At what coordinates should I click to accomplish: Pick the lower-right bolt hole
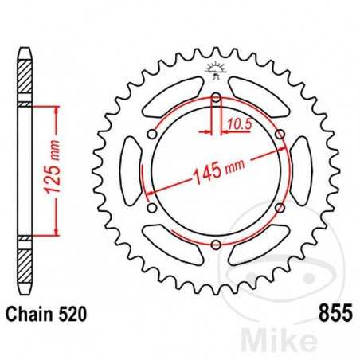(x=279, y=208)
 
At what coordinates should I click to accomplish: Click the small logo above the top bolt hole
(x=215, y=71)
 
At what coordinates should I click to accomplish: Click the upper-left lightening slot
(x=170, y=95)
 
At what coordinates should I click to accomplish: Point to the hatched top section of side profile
(x=25, y=80)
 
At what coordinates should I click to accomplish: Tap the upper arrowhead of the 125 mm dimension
(x=57, y=109)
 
